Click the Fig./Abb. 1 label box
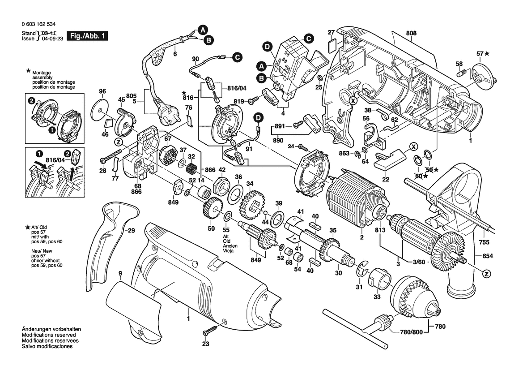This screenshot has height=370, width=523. coord(87,36)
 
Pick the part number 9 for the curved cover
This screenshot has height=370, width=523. coord(120,273)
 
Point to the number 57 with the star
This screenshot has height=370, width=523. coord(480,54)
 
